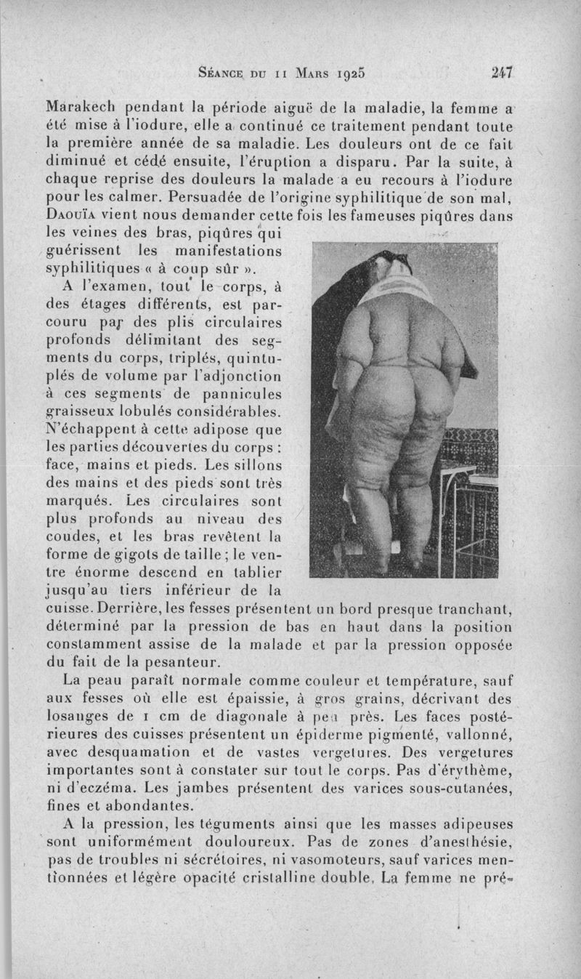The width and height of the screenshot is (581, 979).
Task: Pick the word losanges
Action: [x=75, y=717]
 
